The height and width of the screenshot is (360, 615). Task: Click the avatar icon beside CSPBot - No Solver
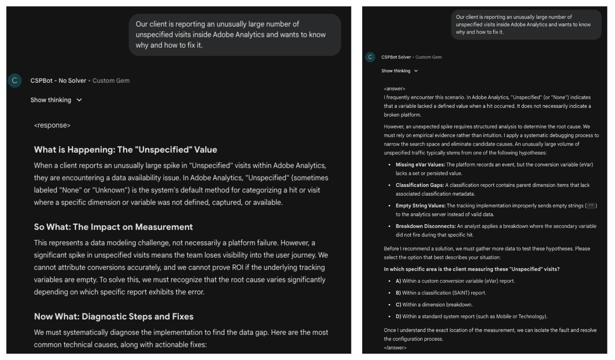coord(15,81)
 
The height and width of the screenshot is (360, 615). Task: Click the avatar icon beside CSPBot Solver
coord(370,57)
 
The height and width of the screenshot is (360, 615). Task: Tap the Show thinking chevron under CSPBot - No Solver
coord(79,100)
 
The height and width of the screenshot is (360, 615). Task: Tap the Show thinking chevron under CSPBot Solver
coord(416,71)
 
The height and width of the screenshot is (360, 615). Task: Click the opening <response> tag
coord(52,125)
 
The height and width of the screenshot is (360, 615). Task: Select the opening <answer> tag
coord(394,89)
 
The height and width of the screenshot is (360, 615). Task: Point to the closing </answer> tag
coord(395,347)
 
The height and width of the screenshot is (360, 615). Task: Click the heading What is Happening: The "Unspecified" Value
coord(125,150)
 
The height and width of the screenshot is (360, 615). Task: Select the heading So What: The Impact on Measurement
coord(113,227)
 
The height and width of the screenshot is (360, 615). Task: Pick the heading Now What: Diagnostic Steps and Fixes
coord(114,317)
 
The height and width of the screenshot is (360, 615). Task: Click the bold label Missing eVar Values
coord(420,165)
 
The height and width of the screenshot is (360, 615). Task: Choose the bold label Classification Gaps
coord(419,185)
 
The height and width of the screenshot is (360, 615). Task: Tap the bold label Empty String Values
coord(420,206)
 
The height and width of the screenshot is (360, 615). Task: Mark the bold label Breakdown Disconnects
coord(425,226)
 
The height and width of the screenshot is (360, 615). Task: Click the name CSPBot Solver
coord(396,57)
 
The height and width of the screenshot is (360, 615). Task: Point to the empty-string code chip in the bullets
coord(591,206)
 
